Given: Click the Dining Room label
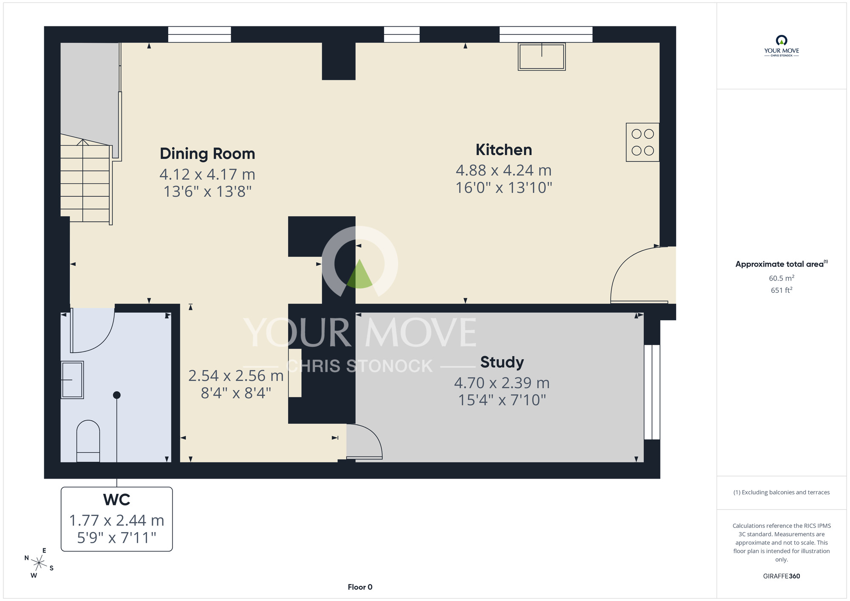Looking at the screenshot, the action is tap(207, 153).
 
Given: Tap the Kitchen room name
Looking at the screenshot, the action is tap(504, 150).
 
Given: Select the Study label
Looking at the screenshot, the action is tap(502, 362).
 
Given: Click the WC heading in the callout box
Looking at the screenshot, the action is tap(116, 500).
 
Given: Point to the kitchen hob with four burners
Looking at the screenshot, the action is tap(643, 142).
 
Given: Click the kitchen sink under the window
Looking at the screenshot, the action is tap(542, 57).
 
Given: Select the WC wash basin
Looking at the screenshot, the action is tap(72, 380).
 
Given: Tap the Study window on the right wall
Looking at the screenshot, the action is tap(652, 392).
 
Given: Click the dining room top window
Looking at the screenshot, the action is tap(199, 34).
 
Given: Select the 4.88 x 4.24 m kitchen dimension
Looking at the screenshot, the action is tap(504, 170).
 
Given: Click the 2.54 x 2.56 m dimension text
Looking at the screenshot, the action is tap(236, 376).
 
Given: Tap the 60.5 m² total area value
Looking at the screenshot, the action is tap(782, 278).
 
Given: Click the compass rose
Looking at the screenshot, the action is tap(39, 564).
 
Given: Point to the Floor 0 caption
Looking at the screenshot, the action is tap(360, 587).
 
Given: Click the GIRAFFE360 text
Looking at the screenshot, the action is tap(782, 576).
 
